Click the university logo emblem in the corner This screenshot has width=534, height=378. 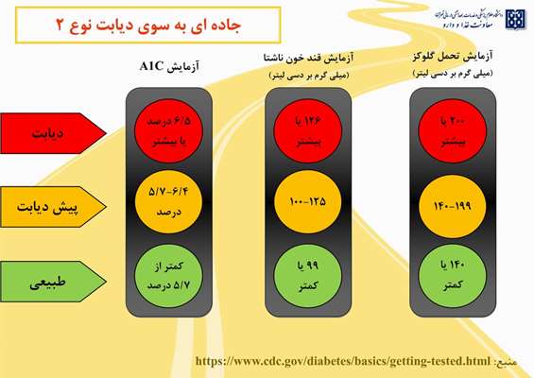(515, 20)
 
